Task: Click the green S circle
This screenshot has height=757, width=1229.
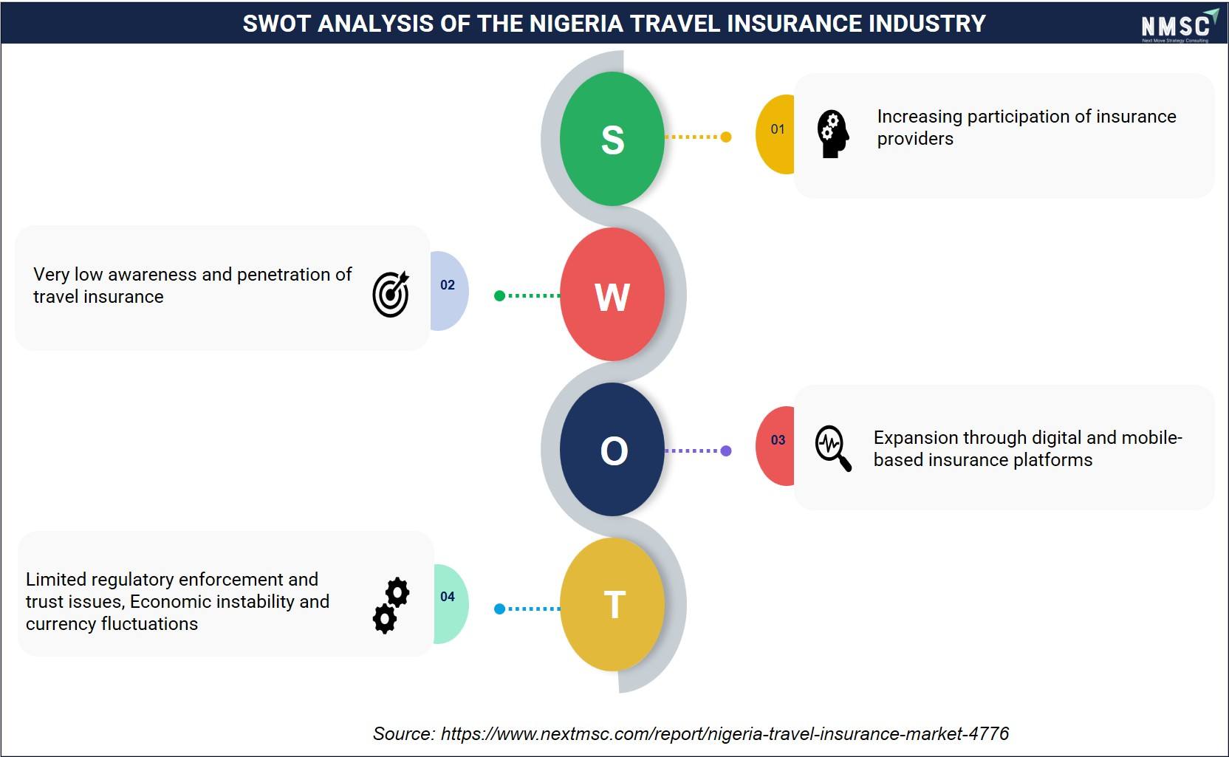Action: point(612,139)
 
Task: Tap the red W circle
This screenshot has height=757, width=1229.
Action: point(612,295)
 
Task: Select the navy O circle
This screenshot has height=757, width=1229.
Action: point(612,449)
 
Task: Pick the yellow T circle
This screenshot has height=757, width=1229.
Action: point(612,604)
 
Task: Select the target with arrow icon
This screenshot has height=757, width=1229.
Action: point(391,294)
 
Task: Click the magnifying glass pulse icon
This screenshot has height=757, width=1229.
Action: point(833,448)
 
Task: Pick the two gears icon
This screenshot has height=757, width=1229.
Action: point(391,606)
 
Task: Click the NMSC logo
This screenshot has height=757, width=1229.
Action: point(1180,25)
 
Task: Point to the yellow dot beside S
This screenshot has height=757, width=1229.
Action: point(726,137)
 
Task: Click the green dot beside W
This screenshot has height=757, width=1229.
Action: point(499,296)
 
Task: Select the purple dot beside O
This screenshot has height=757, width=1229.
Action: point(726,451)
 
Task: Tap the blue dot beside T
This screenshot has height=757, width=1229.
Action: point(499,609)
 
